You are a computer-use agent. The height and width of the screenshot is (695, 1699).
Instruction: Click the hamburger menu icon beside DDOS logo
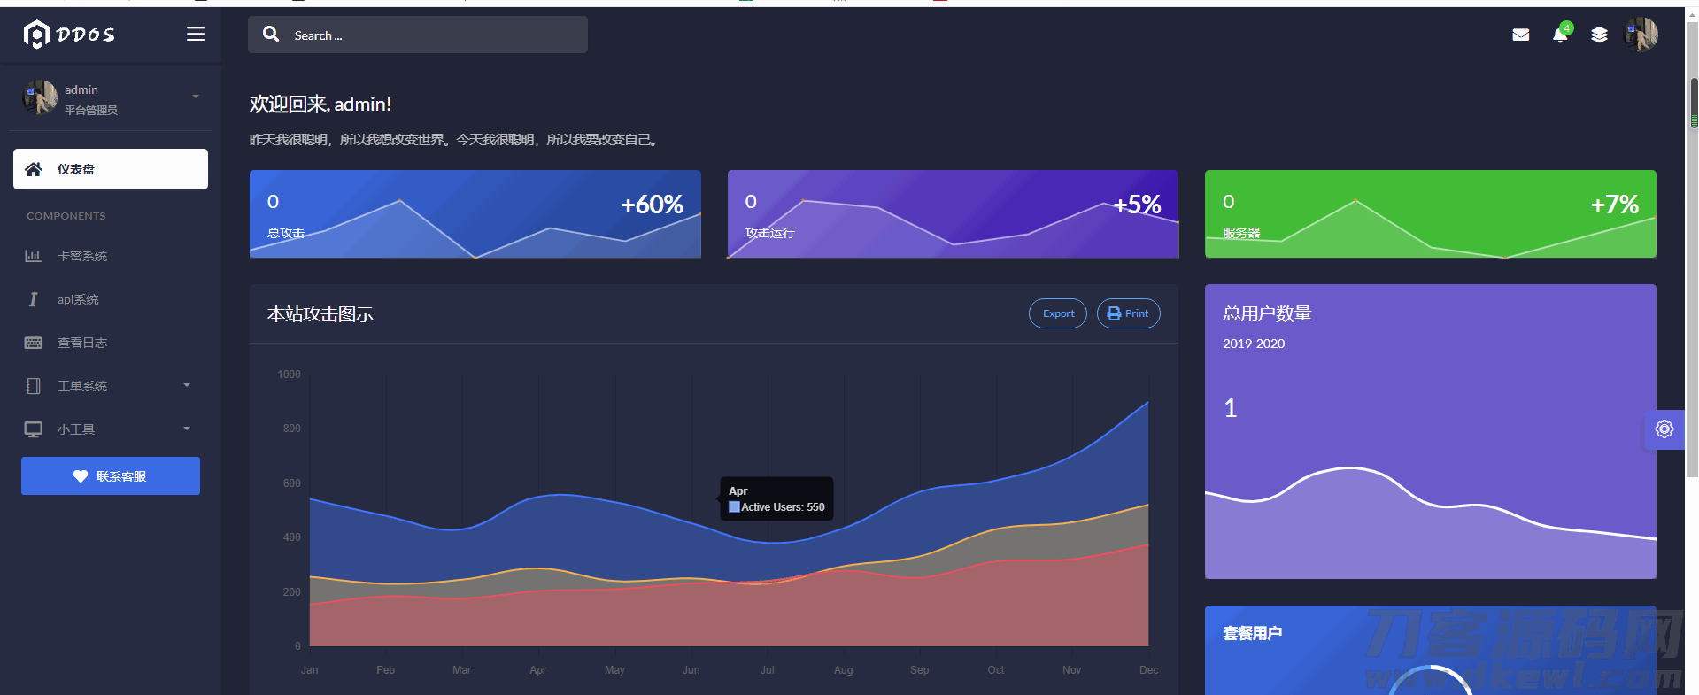(196, 35)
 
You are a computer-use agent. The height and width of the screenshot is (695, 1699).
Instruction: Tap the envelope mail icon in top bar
(1521, 35)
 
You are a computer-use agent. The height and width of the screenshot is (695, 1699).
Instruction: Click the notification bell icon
(1560, 35)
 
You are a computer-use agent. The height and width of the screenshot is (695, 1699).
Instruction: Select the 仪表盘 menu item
(111, 169)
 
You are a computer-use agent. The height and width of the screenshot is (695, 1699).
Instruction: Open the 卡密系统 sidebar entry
(82, 256)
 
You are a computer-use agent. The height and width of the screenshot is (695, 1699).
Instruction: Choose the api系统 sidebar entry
(78, 299)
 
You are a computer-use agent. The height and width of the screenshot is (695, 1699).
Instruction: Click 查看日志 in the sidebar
(82, 343)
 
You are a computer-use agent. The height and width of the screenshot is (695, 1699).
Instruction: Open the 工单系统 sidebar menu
(82, 386)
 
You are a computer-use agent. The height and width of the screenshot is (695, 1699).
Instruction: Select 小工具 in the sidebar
(76, 429)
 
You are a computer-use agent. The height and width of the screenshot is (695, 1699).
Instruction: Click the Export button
(1058, 313)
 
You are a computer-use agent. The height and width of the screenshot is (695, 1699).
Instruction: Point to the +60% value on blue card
(652, 205)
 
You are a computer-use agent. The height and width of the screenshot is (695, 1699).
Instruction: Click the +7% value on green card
(1614, 205)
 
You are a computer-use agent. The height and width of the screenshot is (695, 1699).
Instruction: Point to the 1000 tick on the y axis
(289, 375)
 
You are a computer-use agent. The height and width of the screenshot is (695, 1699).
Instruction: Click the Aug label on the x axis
(843, 670)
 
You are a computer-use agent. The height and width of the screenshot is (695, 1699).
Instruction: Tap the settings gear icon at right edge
(1664, 429)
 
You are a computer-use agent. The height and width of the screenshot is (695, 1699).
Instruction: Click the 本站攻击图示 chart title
(320, 314)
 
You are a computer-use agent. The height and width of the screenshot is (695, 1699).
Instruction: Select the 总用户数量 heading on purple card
(1267, 313)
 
